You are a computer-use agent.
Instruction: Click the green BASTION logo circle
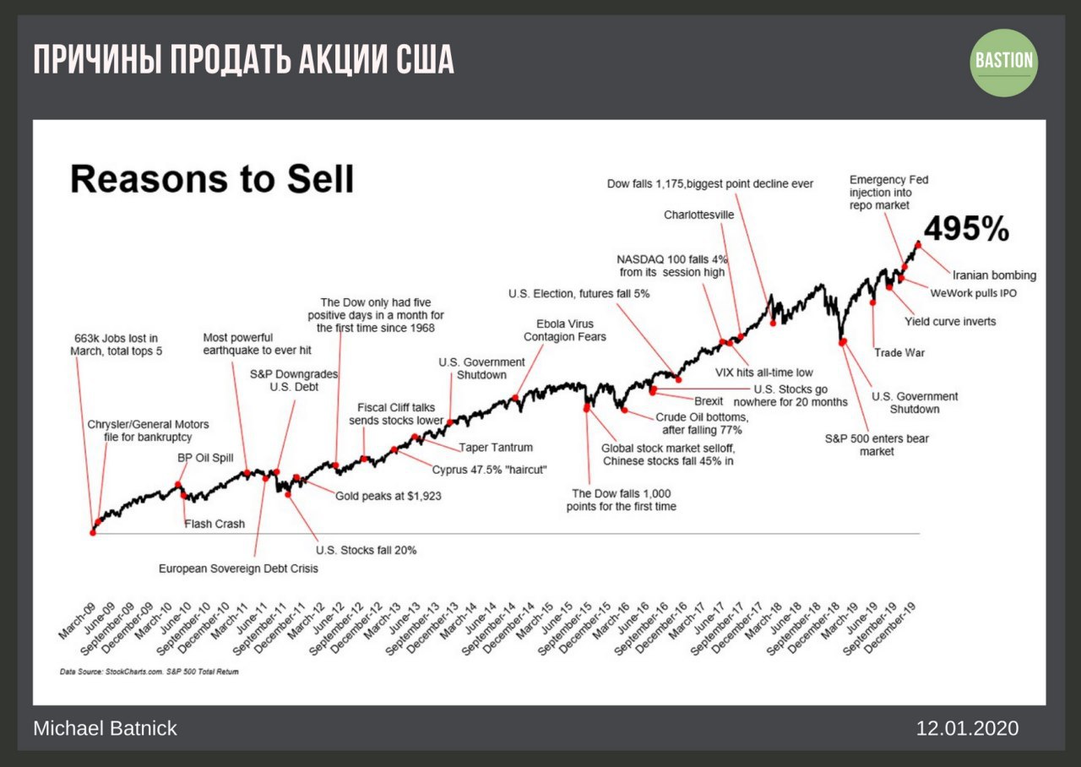(1004, 62)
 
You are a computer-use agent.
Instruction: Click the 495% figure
(966, 228)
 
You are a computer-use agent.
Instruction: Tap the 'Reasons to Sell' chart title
(211, 179)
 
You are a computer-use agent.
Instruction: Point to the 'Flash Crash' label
(215, 524)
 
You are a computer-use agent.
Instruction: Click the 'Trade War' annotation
(899, 352)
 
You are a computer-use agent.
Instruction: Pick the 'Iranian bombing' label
(994, 275)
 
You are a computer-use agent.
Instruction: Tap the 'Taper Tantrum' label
(495, 448)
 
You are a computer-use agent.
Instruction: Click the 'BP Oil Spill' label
(205, 457)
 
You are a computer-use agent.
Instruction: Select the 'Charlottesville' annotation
(699, 215)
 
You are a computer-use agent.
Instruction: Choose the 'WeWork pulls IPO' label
(973, 294)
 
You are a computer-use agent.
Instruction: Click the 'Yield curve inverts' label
(950, 321)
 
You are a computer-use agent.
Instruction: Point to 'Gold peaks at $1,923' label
(388, 496)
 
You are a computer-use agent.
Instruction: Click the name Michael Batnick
(105, 728)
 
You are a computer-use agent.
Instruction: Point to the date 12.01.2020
(967, 728)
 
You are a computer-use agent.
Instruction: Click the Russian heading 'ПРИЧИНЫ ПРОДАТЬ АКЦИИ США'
(243, 61)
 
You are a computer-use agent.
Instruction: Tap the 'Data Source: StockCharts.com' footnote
(149, 672)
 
